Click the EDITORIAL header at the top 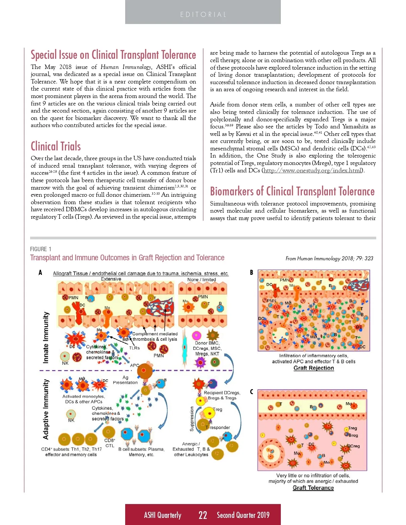coord(203,15)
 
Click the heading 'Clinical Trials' coord(56,146)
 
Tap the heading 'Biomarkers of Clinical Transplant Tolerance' coord(292,191)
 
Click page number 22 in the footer coord(203,515)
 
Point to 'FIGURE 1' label coord(41,249)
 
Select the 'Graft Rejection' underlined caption coord(314,368)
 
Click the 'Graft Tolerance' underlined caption coord(313,488)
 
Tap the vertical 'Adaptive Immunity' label coord(46,409)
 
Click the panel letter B coord(251,272)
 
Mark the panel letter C coord(251,392)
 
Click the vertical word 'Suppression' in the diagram coord(192,419)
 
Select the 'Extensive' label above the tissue coord(111,279)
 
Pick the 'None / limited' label coord(202,280)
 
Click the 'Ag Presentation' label coord(125,380)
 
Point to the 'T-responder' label coord(218,428)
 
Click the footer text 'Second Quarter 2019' coord(243,515)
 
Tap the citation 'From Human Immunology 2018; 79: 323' coord(329,259)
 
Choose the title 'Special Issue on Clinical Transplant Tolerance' coord(113,55)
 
